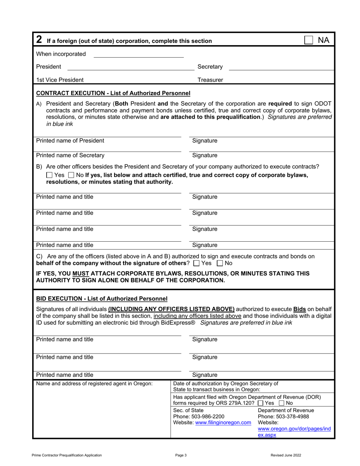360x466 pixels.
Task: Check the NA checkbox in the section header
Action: (309, 40)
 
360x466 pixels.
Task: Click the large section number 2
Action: (39, 40)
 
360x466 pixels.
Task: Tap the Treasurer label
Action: (210, 80)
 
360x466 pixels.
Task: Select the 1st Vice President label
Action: (60, 80)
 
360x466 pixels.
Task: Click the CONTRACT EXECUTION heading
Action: (113, 93)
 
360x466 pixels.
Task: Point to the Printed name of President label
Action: (70, 141)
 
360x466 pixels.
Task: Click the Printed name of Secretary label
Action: (70, 155)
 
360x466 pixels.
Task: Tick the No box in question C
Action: (219, 263)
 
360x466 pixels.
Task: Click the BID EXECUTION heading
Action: (101, 299)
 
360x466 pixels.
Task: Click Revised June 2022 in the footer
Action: (286, 455)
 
